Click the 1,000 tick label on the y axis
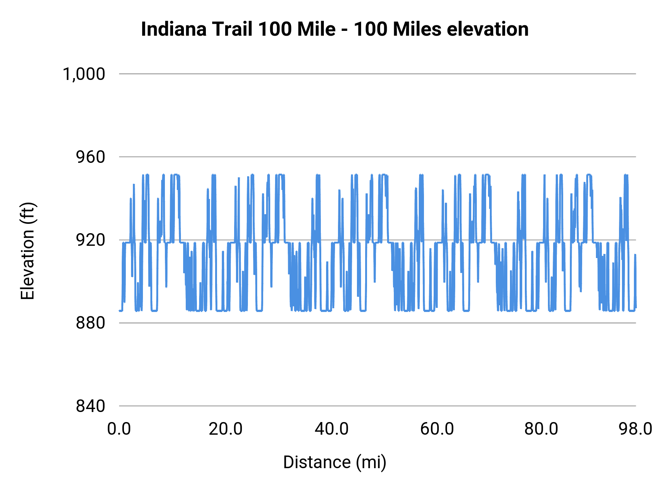click(84, 74)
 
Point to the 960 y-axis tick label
click(90, 157)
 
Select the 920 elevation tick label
click(90, 240)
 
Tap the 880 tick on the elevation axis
click(90, 323)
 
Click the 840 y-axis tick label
click(90, 406)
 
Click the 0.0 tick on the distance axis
click(119, 429)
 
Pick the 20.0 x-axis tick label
click(225, 429)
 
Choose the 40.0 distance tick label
click(331, 429)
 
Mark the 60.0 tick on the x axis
click(437, 429)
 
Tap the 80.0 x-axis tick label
click(541, 429)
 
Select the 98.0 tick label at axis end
click(635, 429)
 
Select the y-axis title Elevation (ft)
click(28, 251)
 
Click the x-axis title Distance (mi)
click(335, 462)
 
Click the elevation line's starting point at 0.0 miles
click(119, 310)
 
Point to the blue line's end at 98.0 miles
click(636, 307)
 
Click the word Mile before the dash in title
click(316, 29)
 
